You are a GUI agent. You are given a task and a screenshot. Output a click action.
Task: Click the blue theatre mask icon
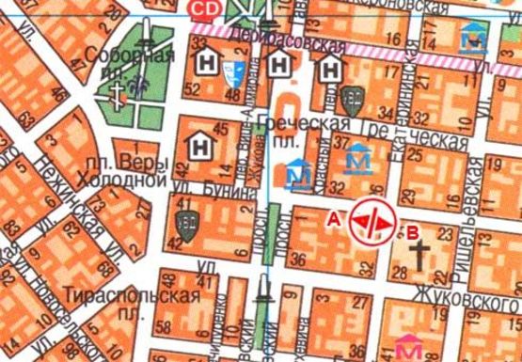239,70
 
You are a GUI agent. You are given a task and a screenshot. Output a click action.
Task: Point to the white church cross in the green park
119,92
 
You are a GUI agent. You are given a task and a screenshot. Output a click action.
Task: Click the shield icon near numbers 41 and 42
184,225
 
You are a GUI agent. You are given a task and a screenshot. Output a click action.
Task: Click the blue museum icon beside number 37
357,159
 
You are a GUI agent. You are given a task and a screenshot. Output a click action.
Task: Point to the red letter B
408,228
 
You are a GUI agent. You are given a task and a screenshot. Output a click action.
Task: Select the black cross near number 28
422,256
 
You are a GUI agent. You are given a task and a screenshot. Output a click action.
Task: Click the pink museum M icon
407,347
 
